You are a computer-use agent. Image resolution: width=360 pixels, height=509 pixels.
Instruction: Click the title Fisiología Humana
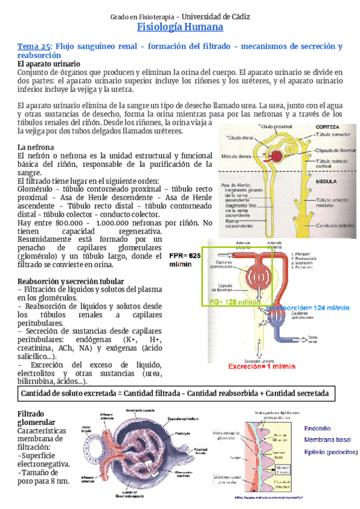(180, 28)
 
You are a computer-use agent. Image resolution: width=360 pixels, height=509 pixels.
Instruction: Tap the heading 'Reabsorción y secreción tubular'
(71, 281)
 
